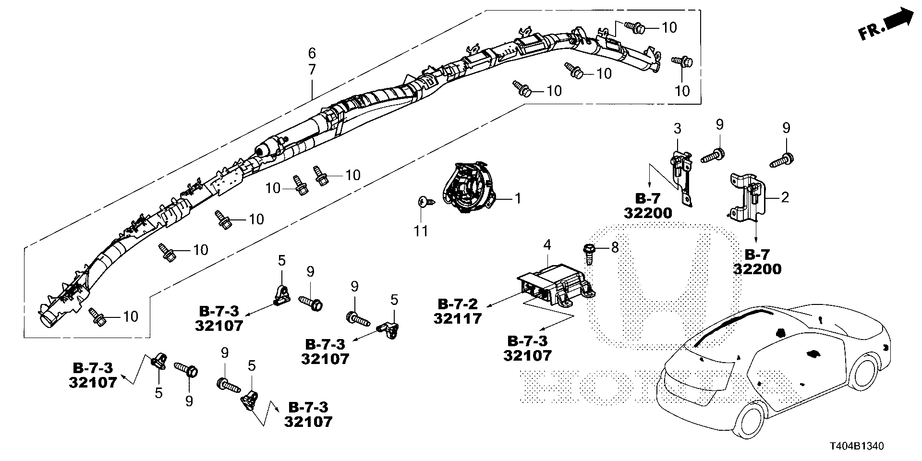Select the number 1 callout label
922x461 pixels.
pos(518,198)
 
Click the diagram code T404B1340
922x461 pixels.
pos(855,446)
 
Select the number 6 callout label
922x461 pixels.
pos(312,52)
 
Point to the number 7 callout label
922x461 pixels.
pos(312,70)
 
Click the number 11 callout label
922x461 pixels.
pos(421,232)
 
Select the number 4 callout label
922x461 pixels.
pos(546,245)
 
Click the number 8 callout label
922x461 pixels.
pos(614,248)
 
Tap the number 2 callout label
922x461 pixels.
pos(784,197)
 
